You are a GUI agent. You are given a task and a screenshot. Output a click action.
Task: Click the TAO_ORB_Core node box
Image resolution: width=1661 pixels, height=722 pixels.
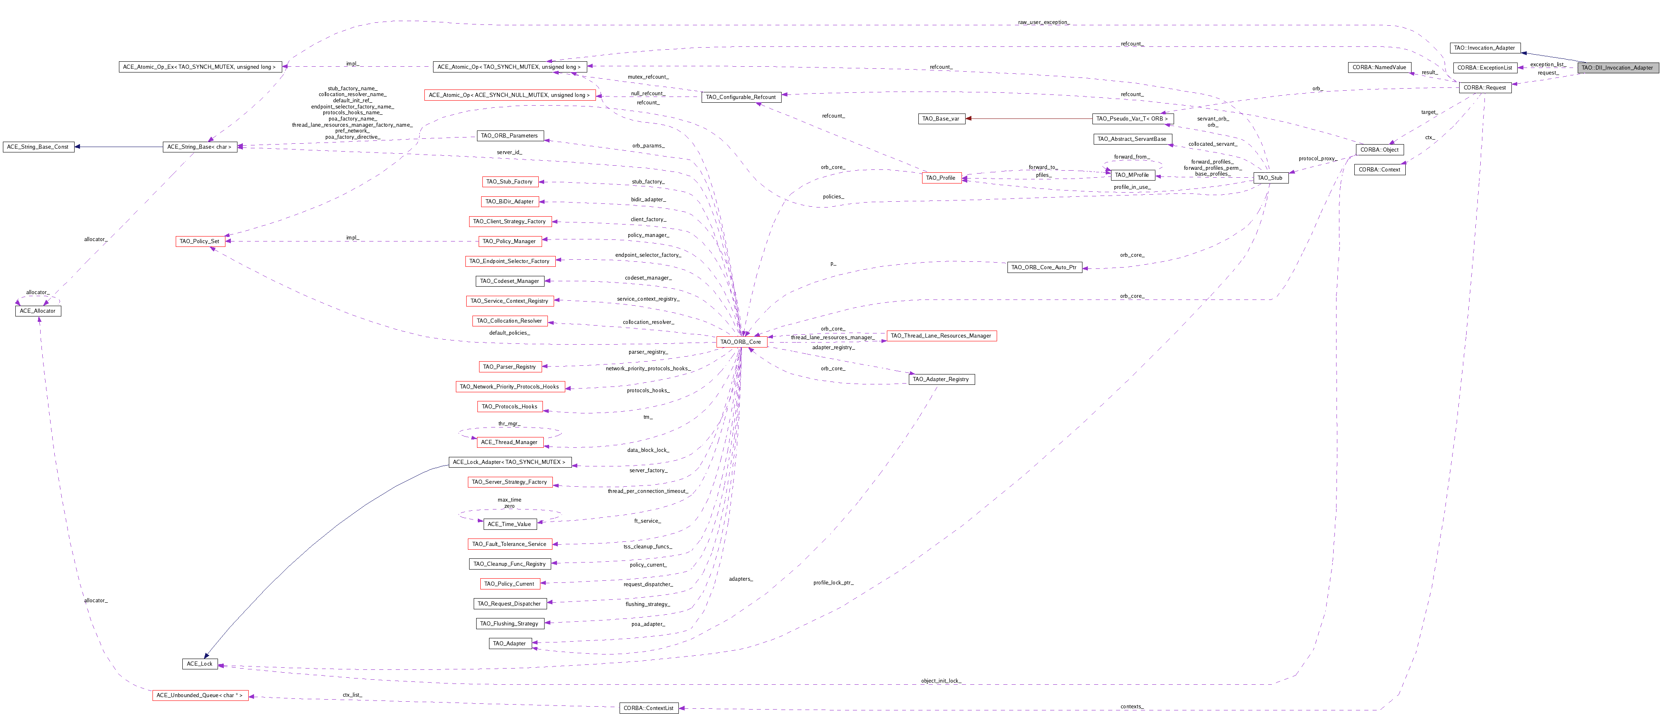tap(741, 342)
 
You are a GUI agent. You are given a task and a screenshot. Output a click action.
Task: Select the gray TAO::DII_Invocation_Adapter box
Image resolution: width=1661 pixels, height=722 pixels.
tap(1617, 68)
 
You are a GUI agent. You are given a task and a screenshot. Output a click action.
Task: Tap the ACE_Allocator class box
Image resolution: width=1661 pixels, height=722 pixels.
tap(38, 311)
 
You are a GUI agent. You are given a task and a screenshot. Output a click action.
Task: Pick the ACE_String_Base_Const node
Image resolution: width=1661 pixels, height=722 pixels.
tap(38, 147)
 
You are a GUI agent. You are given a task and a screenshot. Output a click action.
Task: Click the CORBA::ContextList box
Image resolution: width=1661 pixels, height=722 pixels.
tap(649, 708)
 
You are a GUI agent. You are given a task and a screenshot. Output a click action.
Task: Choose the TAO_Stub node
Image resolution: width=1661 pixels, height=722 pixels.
tap(1270, 178)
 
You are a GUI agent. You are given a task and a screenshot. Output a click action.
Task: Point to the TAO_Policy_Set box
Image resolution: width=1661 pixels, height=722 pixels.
tap(199, 241)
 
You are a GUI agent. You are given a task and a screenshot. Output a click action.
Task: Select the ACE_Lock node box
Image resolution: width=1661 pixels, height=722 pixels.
tap(199, 663)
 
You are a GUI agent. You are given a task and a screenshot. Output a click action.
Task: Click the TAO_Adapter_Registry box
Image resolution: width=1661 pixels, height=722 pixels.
tap(942, 379)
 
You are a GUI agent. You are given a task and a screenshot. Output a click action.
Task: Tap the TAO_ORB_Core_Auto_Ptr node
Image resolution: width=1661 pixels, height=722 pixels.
tap(1044, 267)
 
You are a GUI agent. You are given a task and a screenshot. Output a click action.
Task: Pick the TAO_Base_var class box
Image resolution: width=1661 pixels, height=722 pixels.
tap(942, 118)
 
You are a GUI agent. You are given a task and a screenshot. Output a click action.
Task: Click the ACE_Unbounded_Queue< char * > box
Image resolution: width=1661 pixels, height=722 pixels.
tap(200, 695)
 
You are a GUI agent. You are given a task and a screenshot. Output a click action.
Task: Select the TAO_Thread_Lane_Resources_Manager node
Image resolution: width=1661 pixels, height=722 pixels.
tap(942, 336)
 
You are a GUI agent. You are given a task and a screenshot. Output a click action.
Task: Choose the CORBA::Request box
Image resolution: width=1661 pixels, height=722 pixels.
tap(1485, 88)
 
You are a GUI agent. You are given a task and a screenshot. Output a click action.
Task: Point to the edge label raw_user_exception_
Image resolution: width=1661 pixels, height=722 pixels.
tap(1043, 22)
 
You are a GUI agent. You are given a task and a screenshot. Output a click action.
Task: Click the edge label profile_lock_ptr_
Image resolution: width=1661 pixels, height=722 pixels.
tap(833, 583)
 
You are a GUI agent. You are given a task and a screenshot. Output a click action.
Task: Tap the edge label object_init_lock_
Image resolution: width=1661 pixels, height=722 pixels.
tap(941, 681)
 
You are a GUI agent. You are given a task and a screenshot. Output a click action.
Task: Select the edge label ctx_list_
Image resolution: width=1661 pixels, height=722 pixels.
tap(352, 695)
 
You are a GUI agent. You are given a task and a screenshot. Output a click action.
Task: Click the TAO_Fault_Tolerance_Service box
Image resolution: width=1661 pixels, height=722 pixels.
tap(509, 544)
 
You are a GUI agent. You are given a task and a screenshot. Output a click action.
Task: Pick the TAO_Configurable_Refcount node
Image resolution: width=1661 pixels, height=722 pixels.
tap(741, 97)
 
